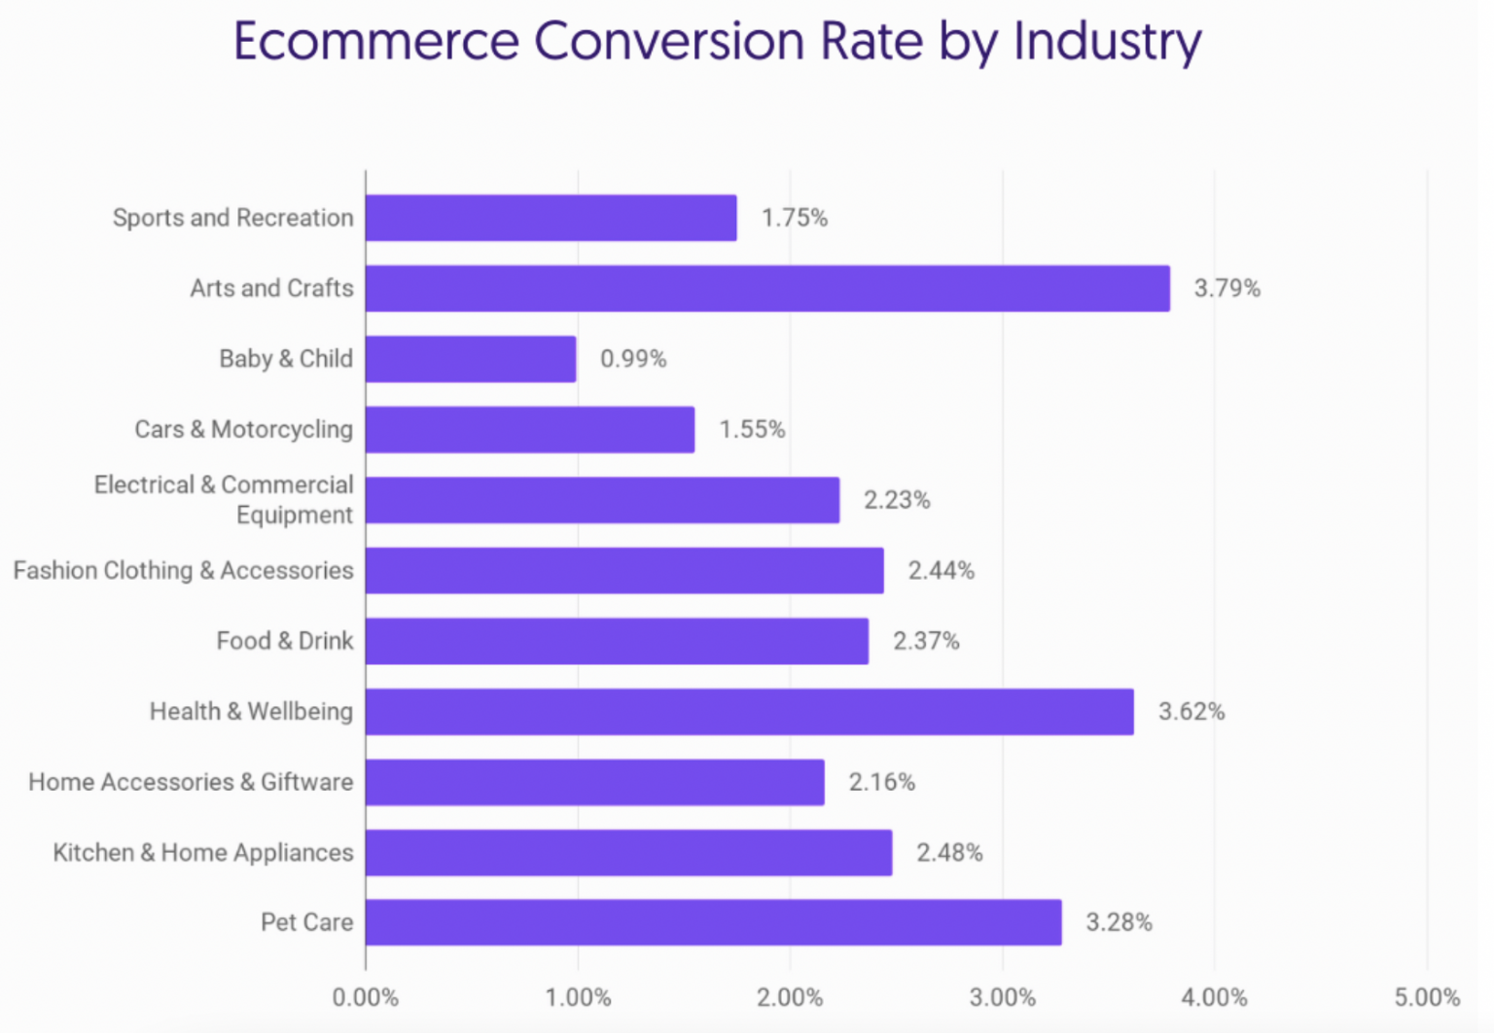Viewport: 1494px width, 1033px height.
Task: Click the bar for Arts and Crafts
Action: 767,288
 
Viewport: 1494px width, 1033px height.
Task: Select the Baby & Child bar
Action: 471,359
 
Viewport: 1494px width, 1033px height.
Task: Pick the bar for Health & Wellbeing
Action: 749,711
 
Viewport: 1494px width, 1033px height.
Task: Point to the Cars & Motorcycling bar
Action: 530,429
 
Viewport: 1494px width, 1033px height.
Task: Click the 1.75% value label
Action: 794,218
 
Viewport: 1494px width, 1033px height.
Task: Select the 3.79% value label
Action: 1227,288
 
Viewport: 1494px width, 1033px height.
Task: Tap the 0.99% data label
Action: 633,359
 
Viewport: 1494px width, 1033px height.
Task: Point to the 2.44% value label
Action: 941,570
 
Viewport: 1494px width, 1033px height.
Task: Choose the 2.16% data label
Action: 881,782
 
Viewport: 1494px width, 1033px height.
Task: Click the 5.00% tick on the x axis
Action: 1426,997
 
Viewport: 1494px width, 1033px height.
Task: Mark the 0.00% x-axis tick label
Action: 366,997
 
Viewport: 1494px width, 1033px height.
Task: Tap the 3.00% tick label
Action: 1002,997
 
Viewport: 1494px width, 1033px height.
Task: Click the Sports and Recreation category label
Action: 232,218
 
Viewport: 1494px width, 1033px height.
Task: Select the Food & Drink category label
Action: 284,641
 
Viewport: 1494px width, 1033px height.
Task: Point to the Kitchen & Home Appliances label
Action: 202,852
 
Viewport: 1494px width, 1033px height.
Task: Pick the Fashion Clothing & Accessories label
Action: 183,570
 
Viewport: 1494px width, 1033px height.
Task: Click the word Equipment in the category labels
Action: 294,515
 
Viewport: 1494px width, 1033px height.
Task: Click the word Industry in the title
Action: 1107,43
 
